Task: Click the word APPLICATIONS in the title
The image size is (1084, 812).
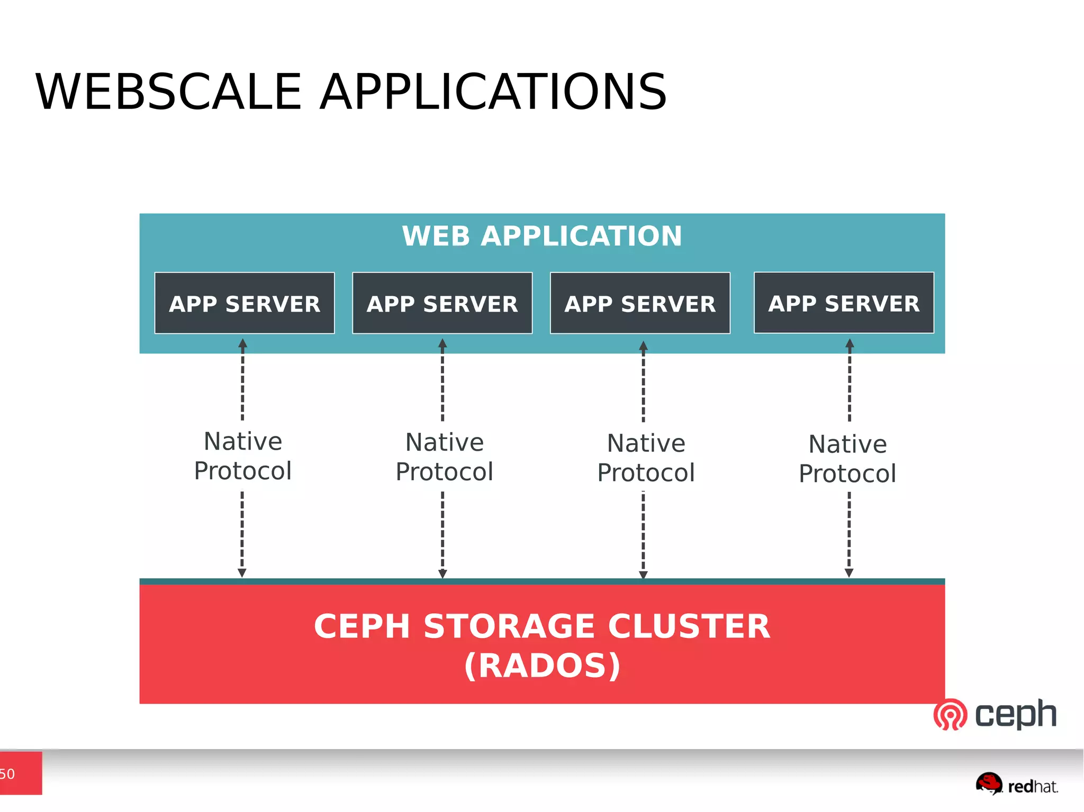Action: click(493, 92)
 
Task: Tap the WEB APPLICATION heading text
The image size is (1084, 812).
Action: click(541, 236)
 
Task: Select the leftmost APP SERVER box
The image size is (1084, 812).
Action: click(245, 304)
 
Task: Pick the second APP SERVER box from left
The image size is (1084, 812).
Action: click(442, 304)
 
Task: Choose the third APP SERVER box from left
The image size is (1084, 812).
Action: click(640, 304)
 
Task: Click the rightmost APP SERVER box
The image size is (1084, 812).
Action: click(844, 303)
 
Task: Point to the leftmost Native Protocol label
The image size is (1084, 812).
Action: click(243, 456)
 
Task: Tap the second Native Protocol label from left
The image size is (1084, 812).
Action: click(445, 457)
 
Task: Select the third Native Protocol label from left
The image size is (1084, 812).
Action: click(646, 458)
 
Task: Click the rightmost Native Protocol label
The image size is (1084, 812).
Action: click(847, 459)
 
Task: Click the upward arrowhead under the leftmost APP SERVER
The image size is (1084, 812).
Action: click(243, 343)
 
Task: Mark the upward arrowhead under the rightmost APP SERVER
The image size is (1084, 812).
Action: click(850, 343)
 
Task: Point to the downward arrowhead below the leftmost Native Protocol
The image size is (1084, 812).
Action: click(242, 573)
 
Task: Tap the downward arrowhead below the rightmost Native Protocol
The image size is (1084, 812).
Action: click(849, 573)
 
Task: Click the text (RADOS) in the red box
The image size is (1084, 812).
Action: click(541, 665)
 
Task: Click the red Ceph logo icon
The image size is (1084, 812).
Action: click(950, 715)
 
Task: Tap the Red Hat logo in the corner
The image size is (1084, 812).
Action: click(1016, 784)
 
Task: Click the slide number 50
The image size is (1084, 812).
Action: click(7, 774)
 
